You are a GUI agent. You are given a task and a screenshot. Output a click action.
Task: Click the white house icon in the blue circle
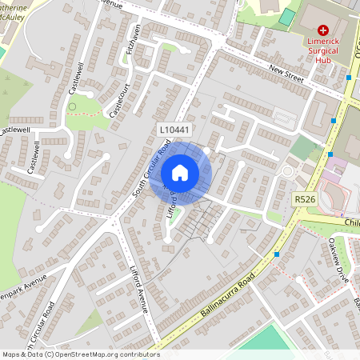[x=180, y=172]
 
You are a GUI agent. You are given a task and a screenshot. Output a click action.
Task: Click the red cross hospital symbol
[x=322, y=29]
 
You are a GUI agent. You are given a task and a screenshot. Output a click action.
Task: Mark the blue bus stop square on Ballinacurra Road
[x=277, y=254]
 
